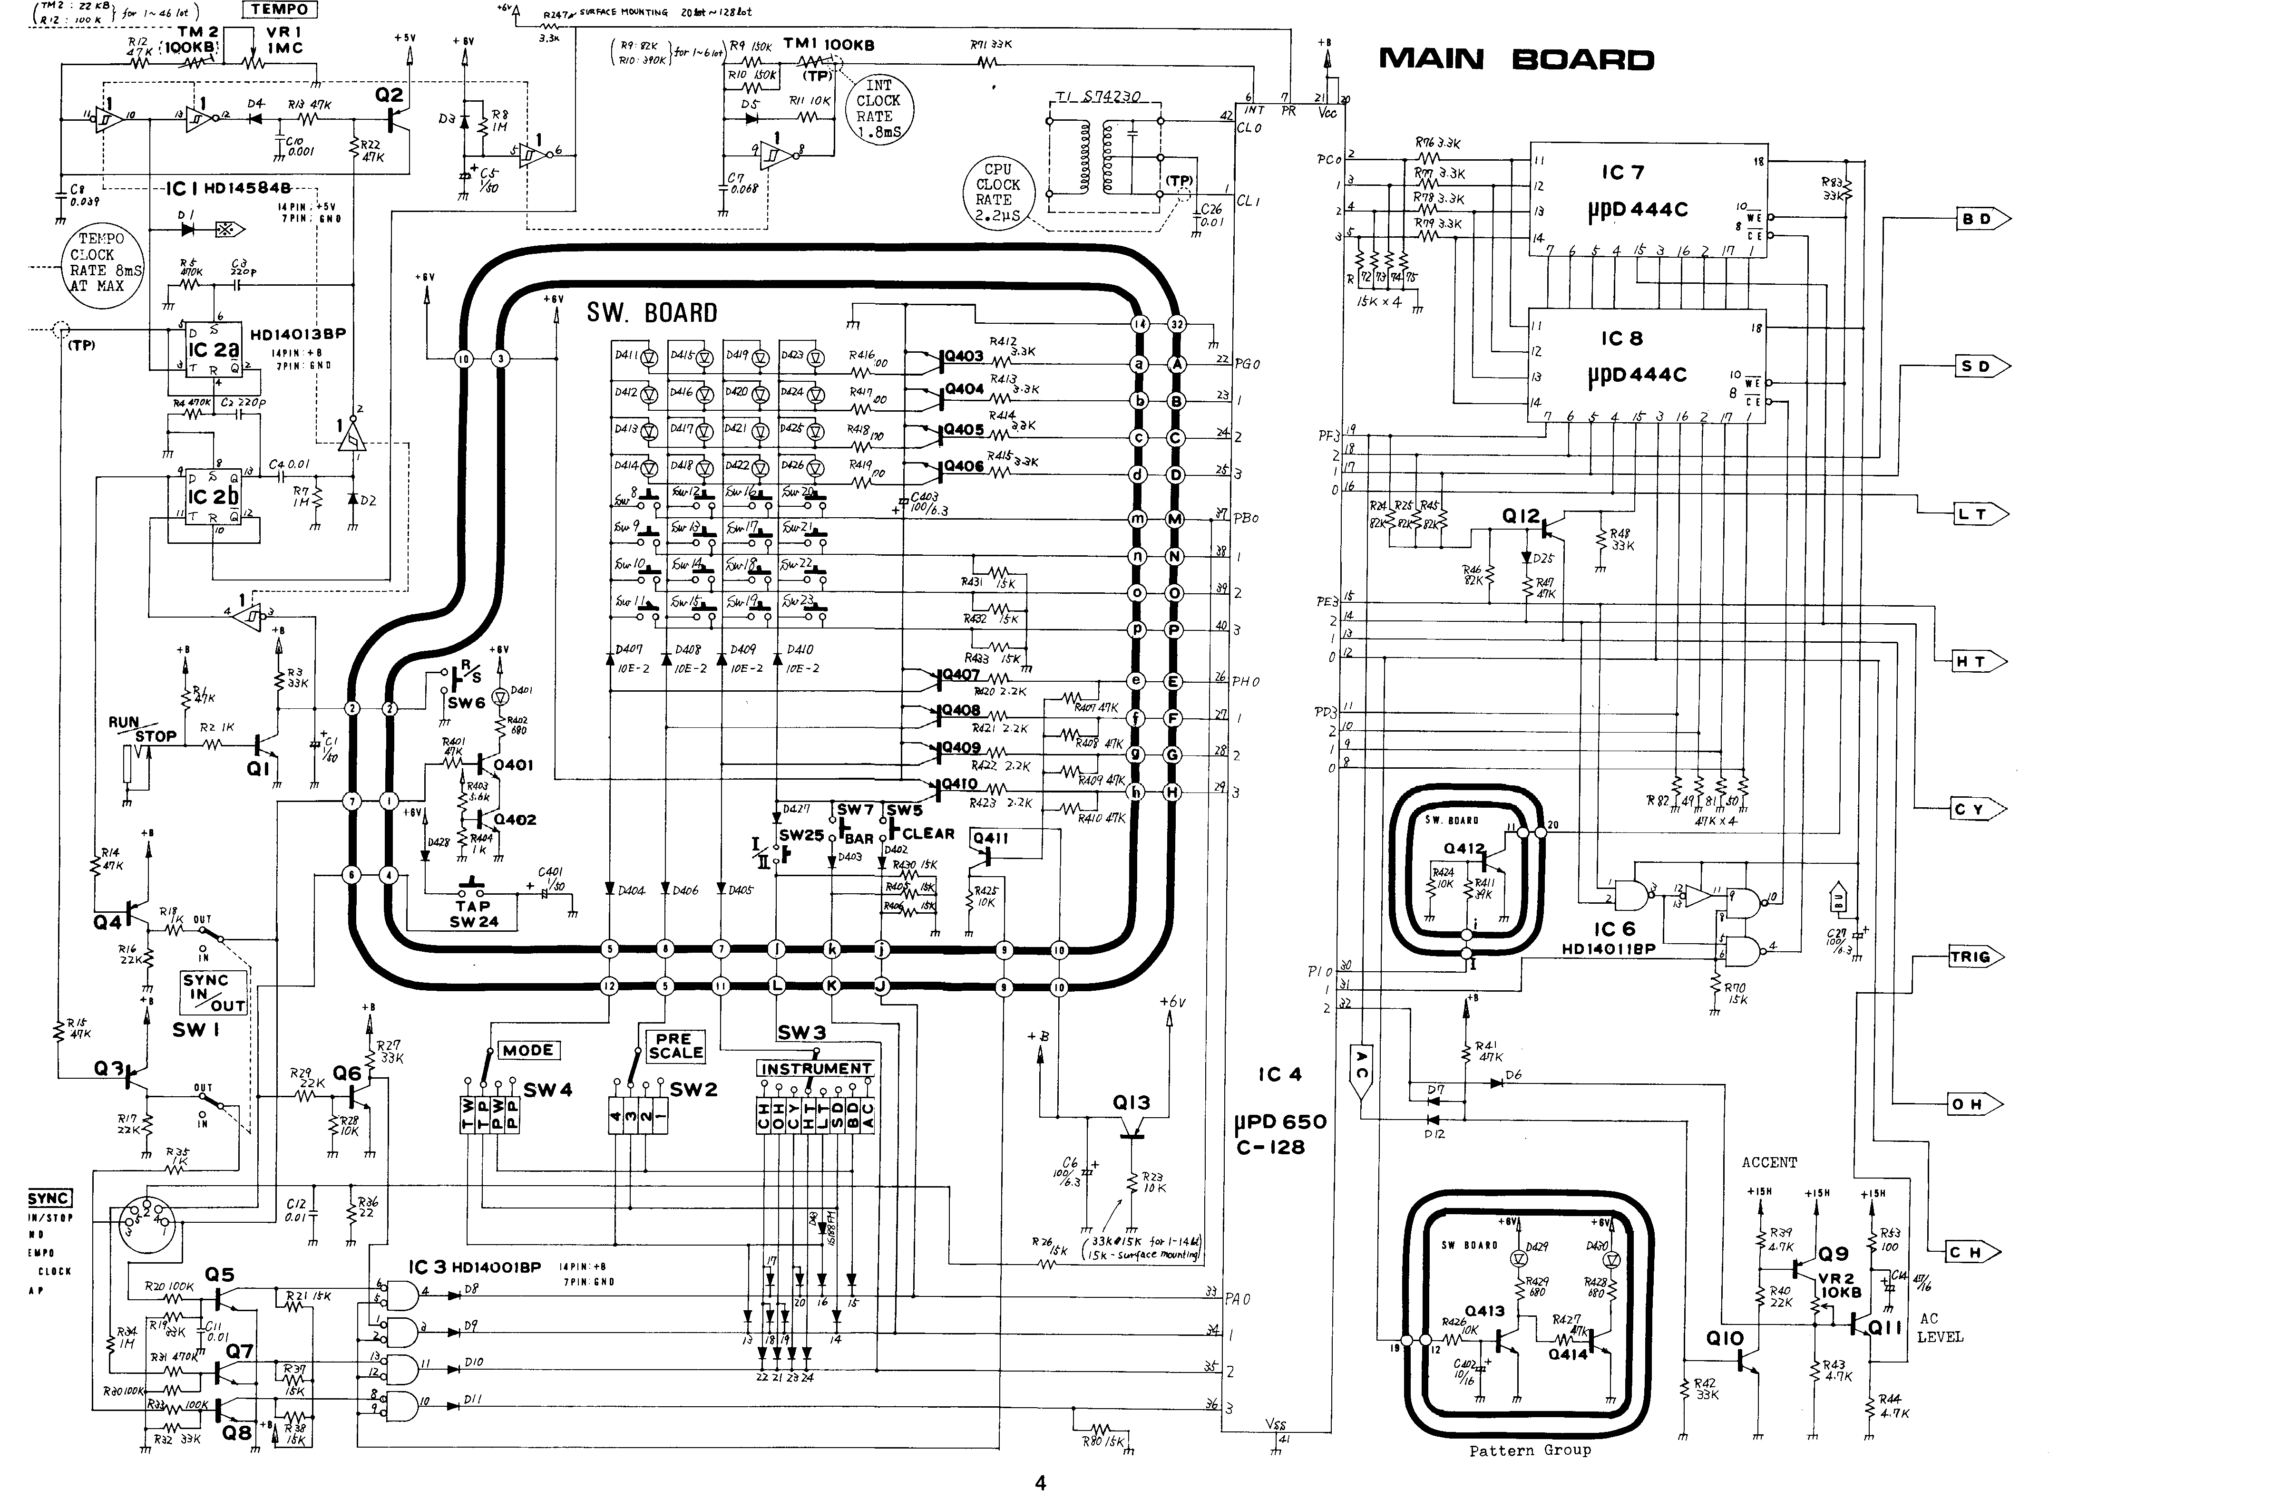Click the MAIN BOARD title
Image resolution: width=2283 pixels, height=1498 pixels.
click(1516, 59)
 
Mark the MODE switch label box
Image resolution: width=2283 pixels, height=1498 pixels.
click(527, 1050)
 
